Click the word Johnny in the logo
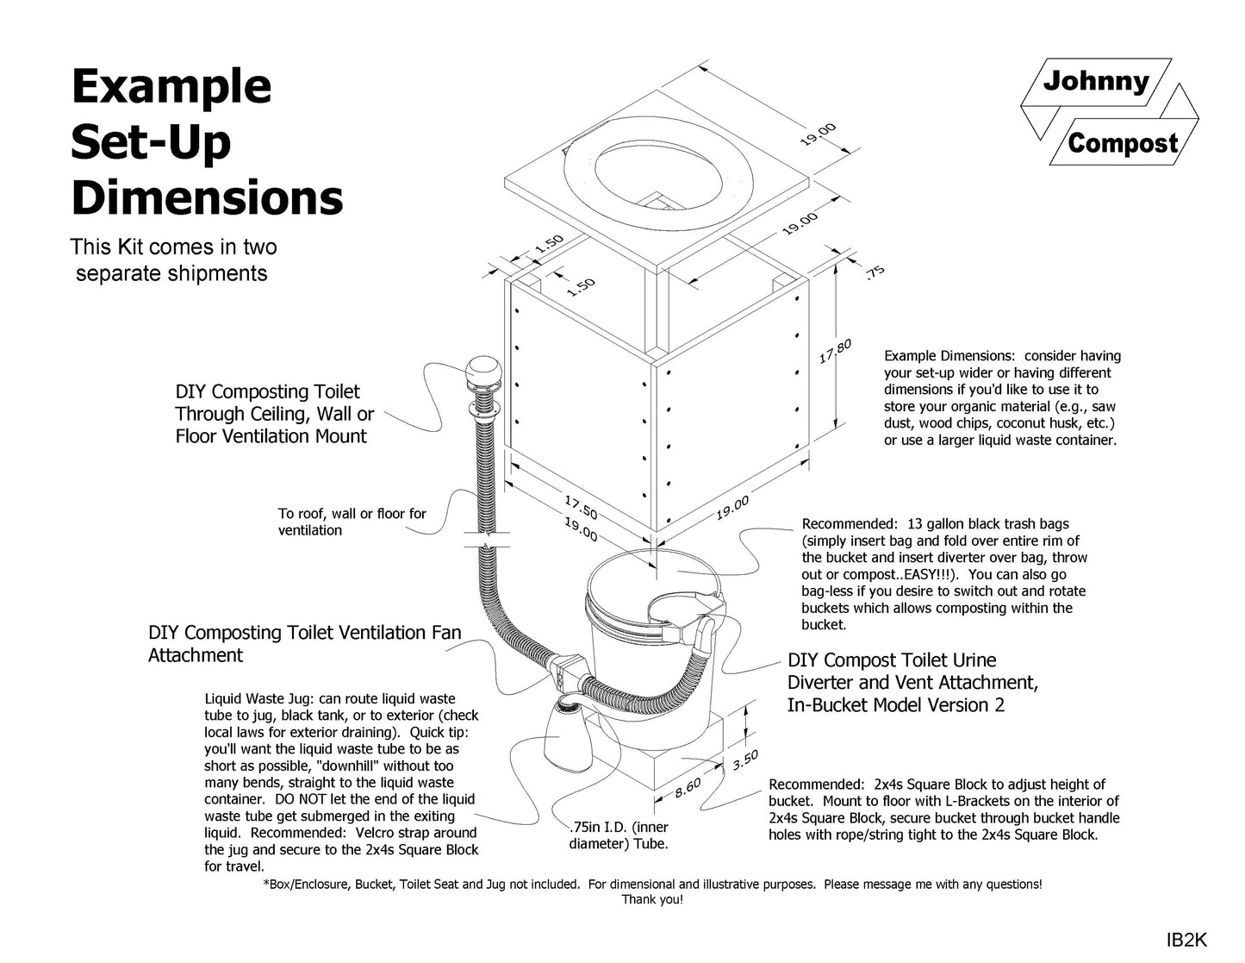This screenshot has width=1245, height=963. click(x=1096, y=82)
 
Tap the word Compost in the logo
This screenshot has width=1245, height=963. click(x=1122, y=142)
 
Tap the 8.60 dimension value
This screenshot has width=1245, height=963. click(x=688, y=788)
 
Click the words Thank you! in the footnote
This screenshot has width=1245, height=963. click(x=652, y=900)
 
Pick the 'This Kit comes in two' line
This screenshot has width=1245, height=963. click(x=173, y=247)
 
